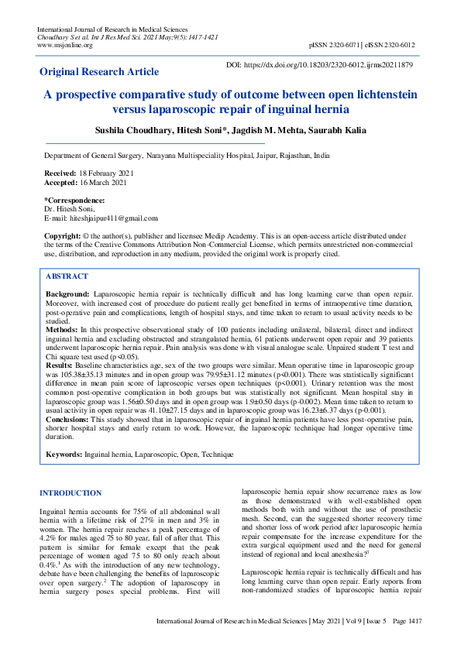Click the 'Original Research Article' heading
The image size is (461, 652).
click(x=99, y=71)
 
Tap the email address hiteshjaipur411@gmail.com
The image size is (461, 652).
click(x=113, y=218)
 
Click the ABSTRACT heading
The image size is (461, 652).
click(x=67, y=276)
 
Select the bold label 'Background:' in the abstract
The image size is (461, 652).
click(x=67, y=295)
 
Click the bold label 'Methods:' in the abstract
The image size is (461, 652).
click(x=62, y=330)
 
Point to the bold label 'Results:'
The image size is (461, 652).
click(x=60, y=364)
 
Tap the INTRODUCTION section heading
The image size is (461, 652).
click(x=71, y=493)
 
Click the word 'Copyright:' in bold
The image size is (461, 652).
click(x=63, y=235)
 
